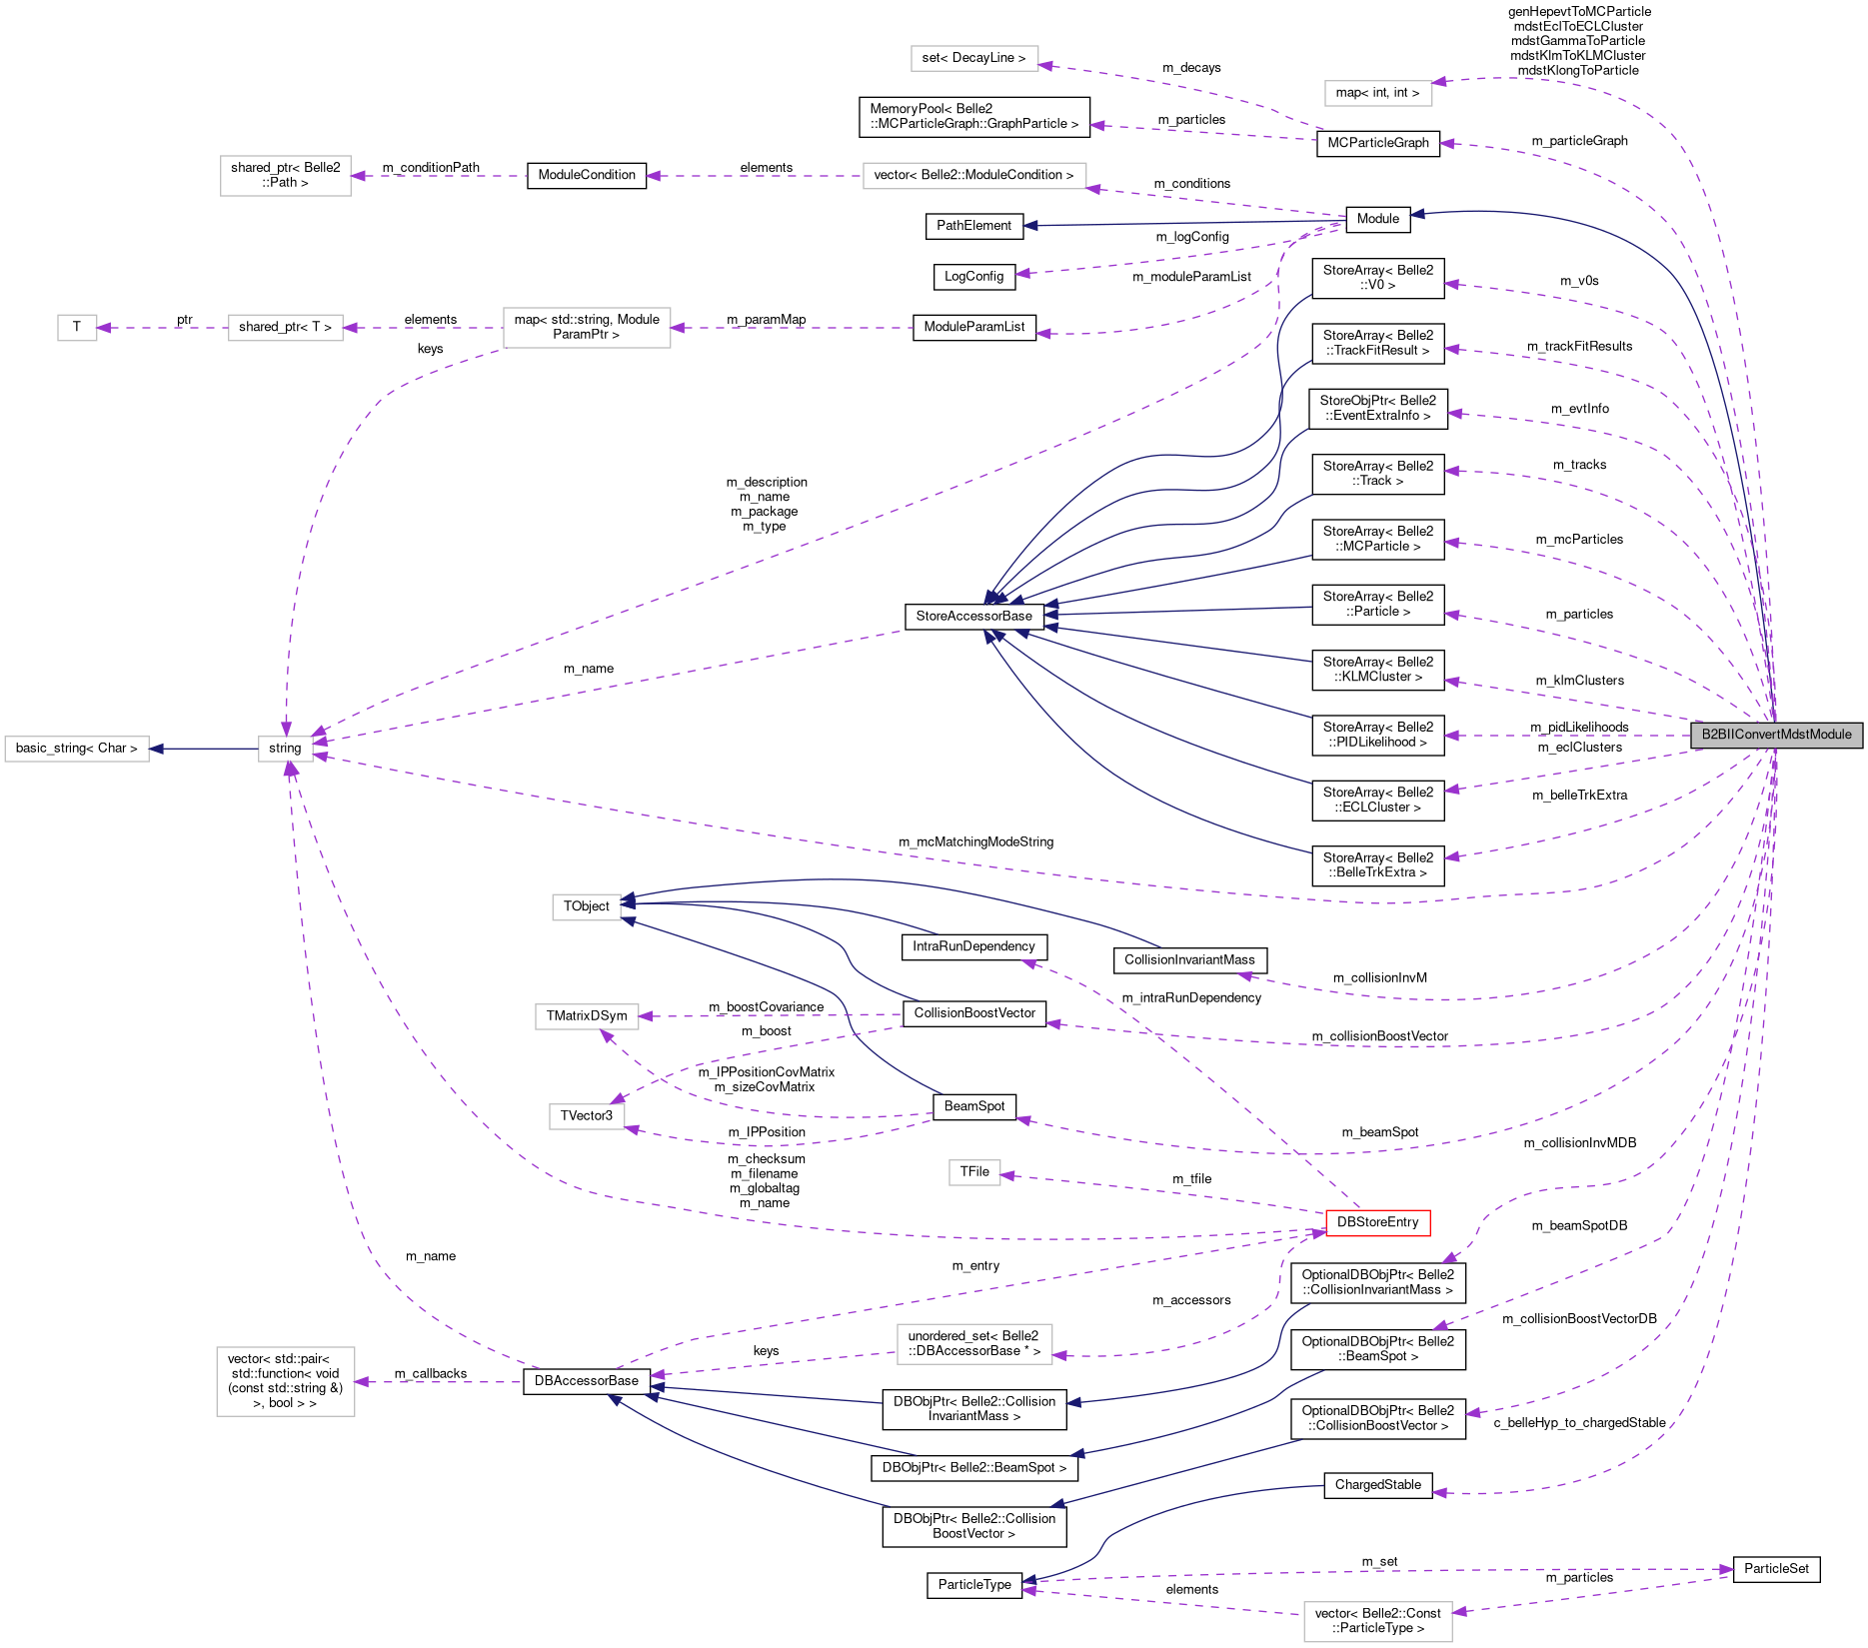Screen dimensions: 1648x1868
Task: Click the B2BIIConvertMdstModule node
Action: click(1776, 735)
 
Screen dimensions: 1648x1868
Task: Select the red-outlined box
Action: click(1377, 1222)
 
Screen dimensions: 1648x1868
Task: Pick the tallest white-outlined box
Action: click(285, 1381)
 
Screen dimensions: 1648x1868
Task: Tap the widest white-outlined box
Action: click(973, 176)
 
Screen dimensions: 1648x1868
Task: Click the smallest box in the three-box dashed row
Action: click(77, 328)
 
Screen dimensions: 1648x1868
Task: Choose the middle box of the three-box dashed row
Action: click(285, 328)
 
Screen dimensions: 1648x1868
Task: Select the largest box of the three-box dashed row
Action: click(586, 328)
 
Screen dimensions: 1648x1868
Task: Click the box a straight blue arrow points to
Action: click(77, 749)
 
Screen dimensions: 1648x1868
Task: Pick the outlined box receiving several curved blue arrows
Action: click(586, 906)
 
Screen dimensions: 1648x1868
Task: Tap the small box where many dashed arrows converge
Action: click(285, 749)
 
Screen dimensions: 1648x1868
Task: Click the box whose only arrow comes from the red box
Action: click(973, 1172)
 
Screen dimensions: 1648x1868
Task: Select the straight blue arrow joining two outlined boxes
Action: click(204, 749)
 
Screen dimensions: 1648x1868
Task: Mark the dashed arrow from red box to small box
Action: click(1159, 1192)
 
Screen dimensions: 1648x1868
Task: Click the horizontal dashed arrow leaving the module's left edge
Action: click(1569, 736)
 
